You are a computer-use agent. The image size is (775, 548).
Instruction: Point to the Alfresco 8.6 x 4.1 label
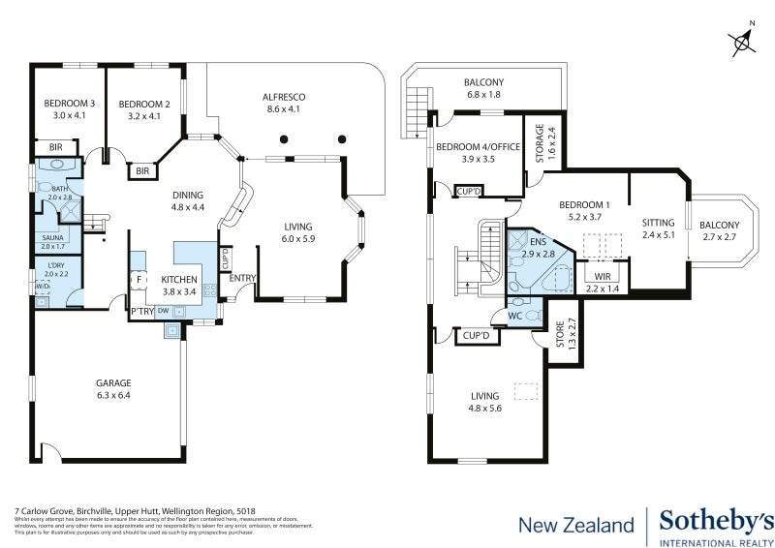pyautogui.click(x=284, y=104)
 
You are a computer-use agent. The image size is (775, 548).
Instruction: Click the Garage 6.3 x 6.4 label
pyautogui.click(x=112, y=388)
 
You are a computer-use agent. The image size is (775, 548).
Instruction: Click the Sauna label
pyautogui.click(x=53, y=241)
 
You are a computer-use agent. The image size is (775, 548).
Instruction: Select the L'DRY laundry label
pyautogui.click(x=54, y=269)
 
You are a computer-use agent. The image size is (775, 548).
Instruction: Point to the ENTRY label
pyautogui.click(x=242, y=279)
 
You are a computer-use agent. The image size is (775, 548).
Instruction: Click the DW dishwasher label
pyautogui.click(x=163, y=311)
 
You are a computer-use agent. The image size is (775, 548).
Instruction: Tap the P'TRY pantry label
pyautogui.click(x=141, y=311)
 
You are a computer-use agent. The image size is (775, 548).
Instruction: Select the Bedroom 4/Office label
pyautogui.click(x=479, y=152)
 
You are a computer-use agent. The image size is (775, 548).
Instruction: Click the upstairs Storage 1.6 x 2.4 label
pyautogui.click(x=539, y=143)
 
